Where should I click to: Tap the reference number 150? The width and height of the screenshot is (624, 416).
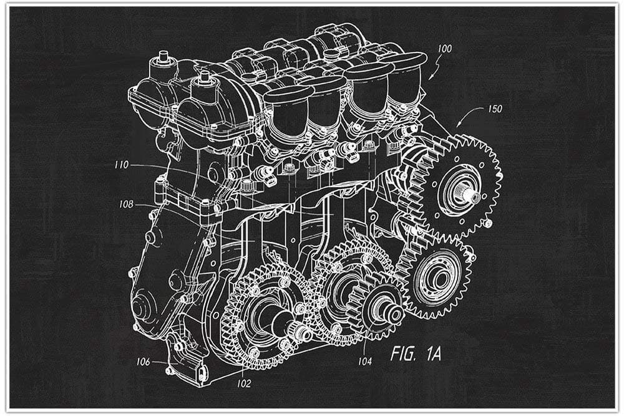pos(494,109)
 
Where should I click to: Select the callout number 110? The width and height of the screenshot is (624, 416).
pos(121,165)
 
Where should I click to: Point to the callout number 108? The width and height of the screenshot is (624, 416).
pos(126,203)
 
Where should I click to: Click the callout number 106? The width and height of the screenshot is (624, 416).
pos(143,361)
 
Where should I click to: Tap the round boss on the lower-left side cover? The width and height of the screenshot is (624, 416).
pos(142,307)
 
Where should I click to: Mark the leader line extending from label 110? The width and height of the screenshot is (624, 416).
pos(162,167)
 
